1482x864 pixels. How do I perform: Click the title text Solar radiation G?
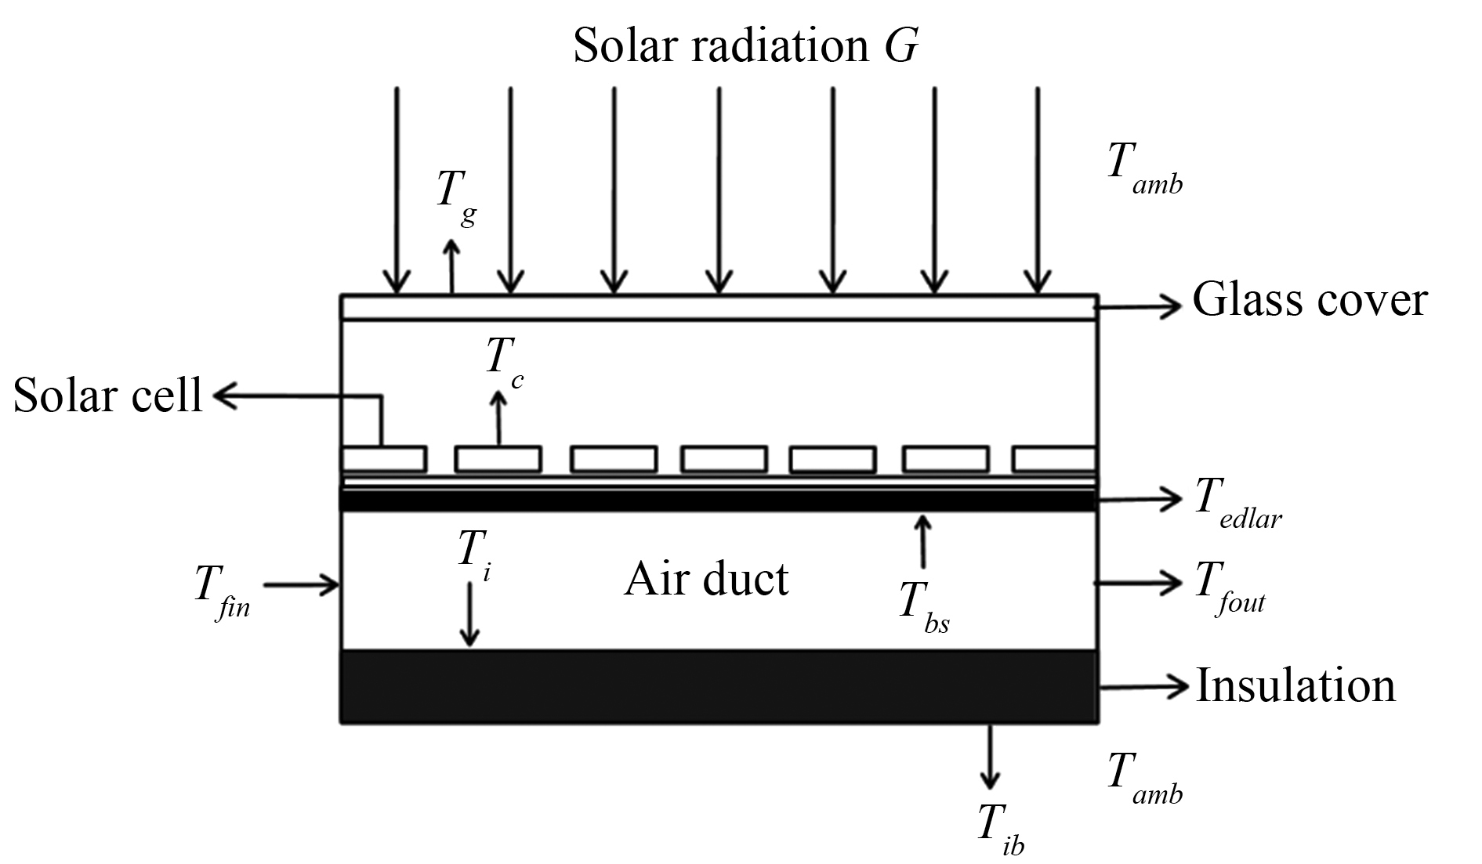(745, 45)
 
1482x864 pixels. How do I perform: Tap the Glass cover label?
(1310, 300)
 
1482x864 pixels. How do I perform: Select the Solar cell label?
(107, 396)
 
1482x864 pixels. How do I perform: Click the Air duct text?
(706, 580)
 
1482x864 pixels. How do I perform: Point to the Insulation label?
(1295, 685)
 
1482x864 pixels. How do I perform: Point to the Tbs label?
(924, 608)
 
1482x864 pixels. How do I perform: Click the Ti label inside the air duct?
(475, 553)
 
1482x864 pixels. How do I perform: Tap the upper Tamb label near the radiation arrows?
(1144, 169)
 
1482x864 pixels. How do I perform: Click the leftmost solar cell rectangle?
(384, 459)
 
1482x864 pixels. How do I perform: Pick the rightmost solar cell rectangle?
(1054, 459)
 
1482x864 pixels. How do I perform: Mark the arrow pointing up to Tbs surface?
(923, 540)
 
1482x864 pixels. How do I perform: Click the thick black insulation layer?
(719, 685)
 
